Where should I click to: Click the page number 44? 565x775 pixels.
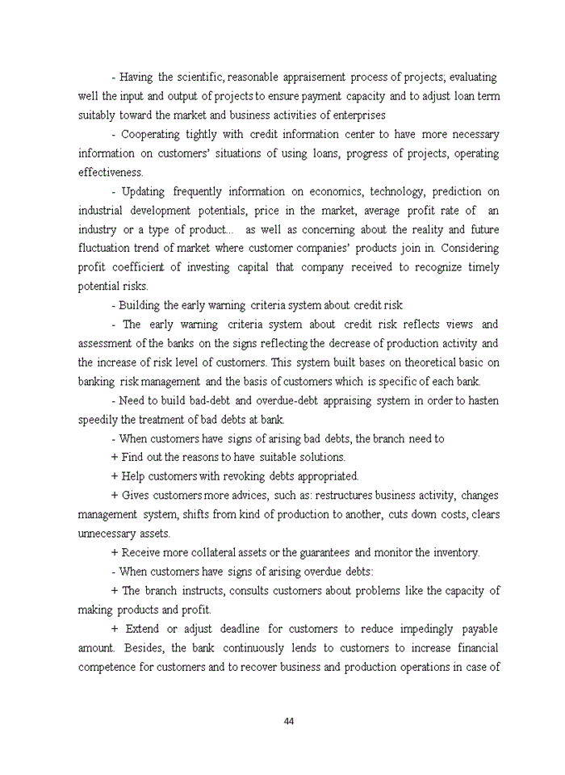tap(288, 721)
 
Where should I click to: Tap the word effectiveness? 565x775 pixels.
tap(110, 172)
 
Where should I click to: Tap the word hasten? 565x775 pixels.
tap(481, 400)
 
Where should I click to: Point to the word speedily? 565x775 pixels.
tap(100, 420)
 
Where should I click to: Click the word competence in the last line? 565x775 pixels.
tap(109, 667)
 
